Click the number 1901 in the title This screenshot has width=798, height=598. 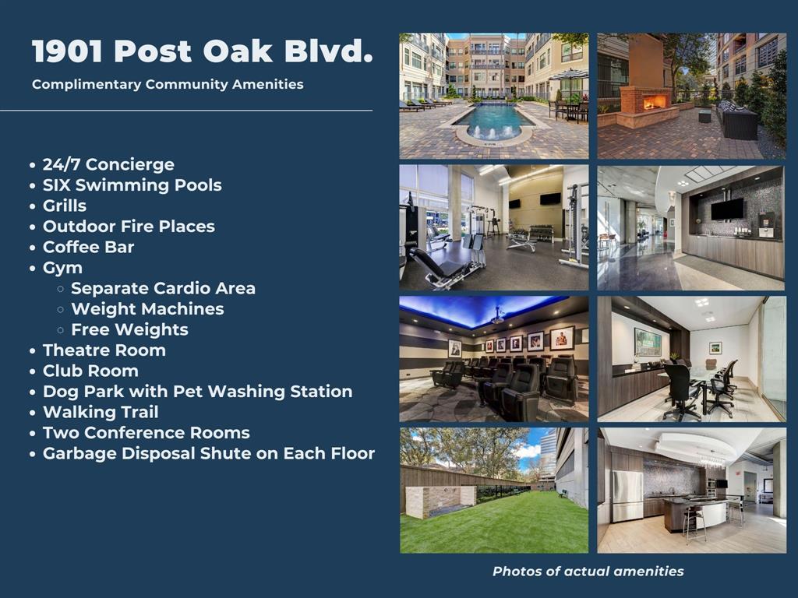(x=68, y=51)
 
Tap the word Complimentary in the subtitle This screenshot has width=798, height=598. (x=87, y=84)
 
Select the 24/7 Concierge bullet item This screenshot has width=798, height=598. (x=108, y=164)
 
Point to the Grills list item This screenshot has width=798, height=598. (x=65, y=206)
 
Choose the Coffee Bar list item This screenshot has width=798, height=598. (x=89, y=247)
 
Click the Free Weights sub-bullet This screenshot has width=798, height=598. (x=130, y=329)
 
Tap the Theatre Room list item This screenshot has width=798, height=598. (x=104, y=350)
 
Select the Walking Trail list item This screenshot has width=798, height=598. (x=101, y=412)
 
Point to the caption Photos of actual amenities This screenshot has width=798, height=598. (x=588, y=571)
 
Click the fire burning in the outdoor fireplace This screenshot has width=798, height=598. (x=654, y=104)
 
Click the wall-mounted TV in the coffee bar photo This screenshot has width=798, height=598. (x=728, y=209)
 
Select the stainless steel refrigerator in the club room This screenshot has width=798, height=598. (x=627, y=495)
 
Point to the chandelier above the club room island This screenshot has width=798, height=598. (x=711, y=460)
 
